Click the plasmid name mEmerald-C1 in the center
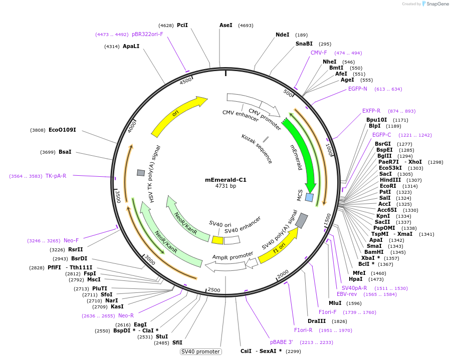coord(225,180)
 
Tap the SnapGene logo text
coord(437,4)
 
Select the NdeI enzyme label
coord(282,35)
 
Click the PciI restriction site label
coord(182,25)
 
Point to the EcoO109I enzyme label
coord(62,130)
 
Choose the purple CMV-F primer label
coord(318,53)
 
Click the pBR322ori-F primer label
coord(147,35)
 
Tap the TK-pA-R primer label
coord(56,176)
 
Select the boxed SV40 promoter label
coord(200,351)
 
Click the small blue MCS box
coord(309,197)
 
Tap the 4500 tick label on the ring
coord(185,81)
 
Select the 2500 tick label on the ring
coord(214,290)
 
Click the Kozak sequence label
coord(257,149)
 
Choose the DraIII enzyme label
coord(317,321)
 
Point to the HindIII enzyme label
coord(390,180)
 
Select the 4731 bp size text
coord(225,186)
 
